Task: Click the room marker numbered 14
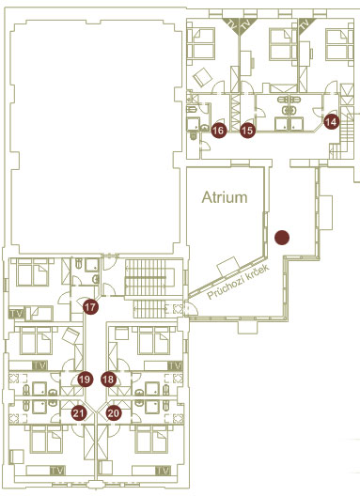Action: coord(331,121)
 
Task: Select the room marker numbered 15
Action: coord(247,131)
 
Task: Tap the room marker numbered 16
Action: coord(219,131)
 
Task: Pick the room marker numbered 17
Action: coord(90,306)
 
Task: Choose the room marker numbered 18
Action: coord(109,380)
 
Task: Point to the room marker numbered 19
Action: coord(85,380)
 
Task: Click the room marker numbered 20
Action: coord(114,413)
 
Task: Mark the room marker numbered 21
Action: coord(79,413)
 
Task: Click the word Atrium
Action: coord(225,197)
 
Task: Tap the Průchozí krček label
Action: coord(238,282)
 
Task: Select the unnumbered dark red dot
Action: coord(282,238)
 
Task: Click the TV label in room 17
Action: coord(17,314)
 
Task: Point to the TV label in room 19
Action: coord(39,365)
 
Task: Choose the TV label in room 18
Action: coord(175,365)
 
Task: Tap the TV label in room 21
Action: coord(57,471)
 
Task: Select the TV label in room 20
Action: coord(163,471)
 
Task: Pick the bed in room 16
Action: coord(201,43)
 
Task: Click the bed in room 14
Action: coord(339,44)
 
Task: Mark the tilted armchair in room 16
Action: coord(203,76)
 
